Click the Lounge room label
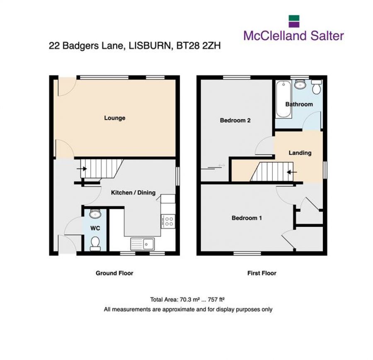(114, 118)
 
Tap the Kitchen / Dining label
(133, 192)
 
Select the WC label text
(95, 228)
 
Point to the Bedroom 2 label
(235, 121)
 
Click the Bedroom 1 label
(246, 218)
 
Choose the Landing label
(300, 153)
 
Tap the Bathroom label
(299, 104)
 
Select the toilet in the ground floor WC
(95, 243)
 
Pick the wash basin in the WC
(95, 214)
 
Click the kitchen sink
(142, 244)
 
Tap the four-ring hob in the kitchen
(169, 221)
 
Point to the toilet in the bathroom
(317, 88)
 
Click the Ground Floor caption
(114, 273)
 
